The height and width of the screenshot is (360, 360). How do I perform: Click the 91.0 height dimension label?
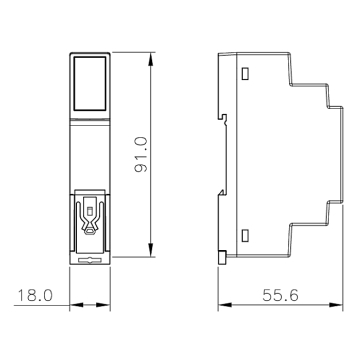(x=141, y=154)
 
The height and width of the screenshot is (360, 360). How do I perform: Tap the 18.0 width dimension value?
(x=35, y=296)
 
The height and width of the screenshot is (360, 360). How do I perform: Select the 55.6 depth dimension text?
(x=280, y=295)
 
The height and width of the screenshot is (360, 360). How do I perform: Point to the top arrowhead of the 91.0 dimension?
(x=151, y=59)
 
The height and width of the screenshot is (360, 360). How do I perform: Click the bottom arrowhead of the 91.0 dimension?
(x=151, y=250)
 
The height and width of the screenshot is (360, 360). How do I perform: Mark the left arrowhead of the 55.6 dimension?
(x=225, y=305)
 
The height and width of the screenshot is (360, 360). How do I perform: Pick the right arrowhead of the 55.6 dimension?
(x=336, y=305)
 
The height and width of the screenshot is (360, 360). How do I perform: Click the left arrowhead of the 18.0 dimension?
(x=77, y=305)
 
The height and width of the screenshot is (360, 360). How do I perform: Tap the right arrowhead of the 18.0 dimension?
(x=103, y=305)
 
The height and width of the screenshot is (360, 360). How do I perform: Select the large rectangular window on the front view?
(x=90, y=83)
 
